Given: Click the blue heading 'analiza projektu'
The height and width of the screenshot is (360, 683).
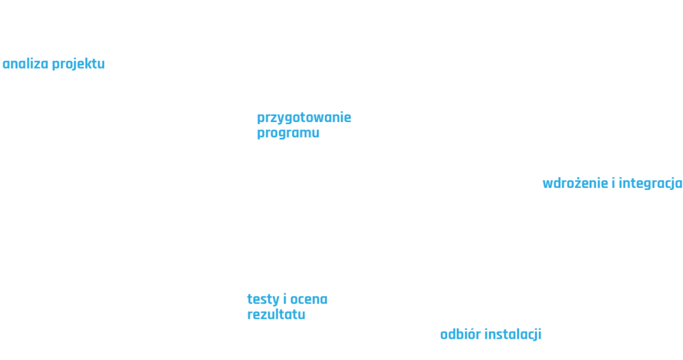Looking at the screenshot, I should [54, 65].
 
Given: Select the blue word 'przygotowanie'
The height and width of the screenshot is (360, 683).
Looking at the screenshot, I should [304, 119].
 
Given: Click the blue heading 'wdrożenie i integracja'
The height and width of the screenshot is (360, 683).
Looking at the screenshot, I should [612, 183].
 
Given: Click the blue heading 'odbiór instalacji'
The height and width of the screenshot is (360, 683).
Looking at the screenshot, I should [490, 334].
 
